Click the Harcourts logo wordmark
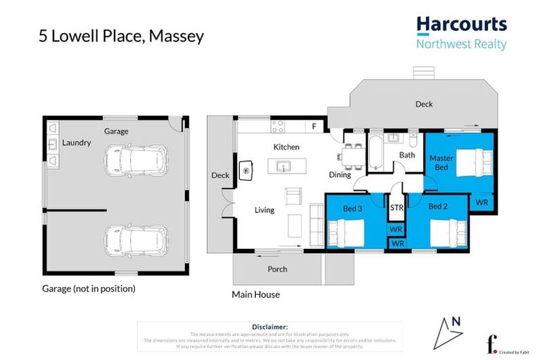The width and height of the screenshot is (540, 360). (x=461, y=25)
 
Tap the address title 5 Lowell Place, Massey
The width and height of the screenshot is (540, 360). (x=122, y=36)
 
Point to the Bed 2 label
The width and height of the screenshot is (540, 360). (x=438, y=206)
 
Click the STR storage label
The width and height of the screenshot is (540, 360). (x=396, y=207)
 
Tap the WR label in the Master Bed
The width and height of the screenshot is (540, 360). (x=482, y=202)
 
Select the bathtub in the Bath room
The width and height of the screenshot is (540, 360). (x=375, y=153)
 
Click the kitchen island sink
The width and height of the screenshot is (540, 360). (x=284, y=167)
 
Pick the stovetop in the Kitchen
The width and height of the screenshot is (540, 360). (x=278, y=127)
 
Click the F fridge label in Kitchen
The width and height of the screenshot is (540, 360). (x=314, y=127)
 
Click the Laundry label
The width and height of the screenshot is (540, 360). (x=77, y=143)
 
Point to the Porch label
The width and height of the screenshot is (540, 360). (x=278, y=269)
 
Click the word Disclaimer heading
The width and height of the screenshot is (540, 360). (x=269, y=327)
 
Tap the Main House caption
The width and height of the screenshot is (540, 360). (x=256, y=295)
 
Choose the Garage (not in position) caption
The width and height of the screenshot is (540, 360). (x=89, y=288)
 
